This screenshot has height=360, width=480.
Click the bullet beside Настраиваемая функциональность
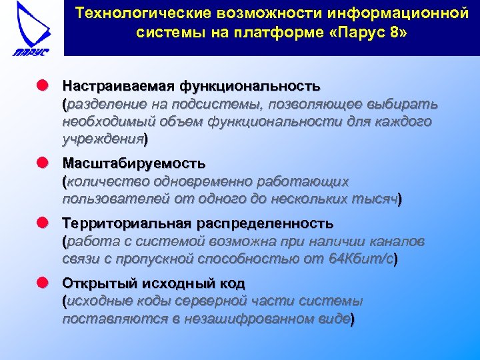point(43,87)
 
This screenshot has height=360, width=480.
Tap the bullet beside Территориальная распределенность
point(43,223)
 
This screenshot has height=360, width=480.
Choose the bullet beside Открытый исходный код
point(43,283)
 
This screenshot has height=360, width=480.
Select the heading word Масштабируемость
point(134,163)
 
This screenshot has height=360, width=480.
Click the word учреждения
point(103,139)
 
